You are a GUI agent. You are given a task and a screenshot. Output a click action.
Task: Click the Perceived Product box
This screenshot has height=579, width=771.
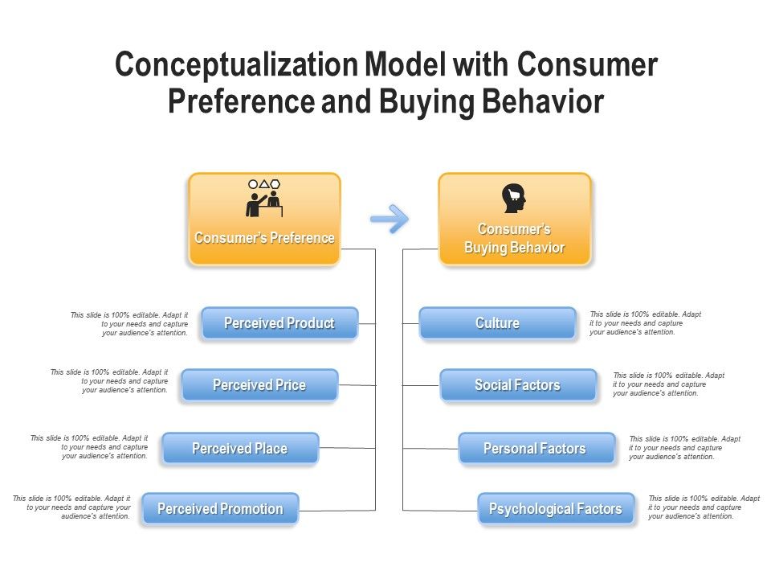coord(279,323)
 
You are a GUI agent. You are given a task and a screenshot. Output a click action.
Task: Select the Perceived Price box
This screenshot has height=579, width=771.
coord(259,385)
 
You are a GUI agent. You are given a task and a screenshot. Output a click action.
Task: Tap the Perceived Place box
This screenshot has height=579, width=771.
coord(240,448)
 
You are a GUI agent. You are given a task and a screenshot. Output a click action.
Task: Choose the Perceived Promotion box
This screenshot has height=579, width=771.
coord(220,509)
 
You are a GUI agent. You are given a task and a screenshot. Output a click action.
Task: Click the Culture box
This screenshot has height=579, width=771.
coord(497,323)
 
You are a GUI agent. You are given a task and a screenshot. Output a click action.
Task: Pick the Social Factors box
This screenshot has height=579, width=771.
coord(517,385)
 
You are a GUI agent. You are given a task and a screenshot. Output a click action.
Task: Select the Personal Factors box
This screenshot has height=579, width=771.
coord(536,448)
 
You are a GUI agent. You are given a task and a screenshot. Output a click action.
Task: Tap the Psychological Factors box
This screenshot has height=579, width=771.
coord(556,509)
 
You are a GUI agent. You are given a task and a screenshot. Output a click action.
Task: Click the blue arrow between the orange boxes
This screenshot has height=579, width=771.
coord(390,219)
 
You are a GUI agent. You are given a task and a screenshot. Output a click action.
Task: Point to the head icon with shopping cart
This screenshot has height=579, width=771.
coord(514,198)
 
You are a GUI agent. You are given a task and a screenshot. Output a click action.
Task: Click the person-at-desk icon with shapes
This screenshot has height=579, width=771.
coord(264,198)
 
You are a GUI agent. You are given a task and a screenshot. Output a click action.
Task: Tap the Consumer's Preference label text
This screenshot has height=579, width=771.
coord(264,238)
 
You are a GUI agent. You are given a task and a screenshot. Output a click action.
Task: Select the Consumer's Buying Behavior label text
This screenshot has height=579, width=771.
coord(514,239)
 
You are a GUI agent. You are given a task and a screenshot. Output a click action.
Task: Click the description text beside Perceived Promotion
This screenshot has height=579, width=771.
coord(72,507)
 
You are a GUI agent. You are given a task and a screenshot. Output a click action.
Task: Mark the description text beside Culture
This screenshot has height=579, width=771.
coord(645,323)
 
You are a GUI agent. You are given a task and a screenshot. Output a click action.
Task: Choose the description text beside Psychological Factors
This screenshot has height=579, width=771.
coord(703,507)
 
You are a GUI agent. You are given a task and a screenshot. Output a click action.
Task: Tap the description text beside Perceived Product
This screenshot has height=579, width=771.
coord(130,323)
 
